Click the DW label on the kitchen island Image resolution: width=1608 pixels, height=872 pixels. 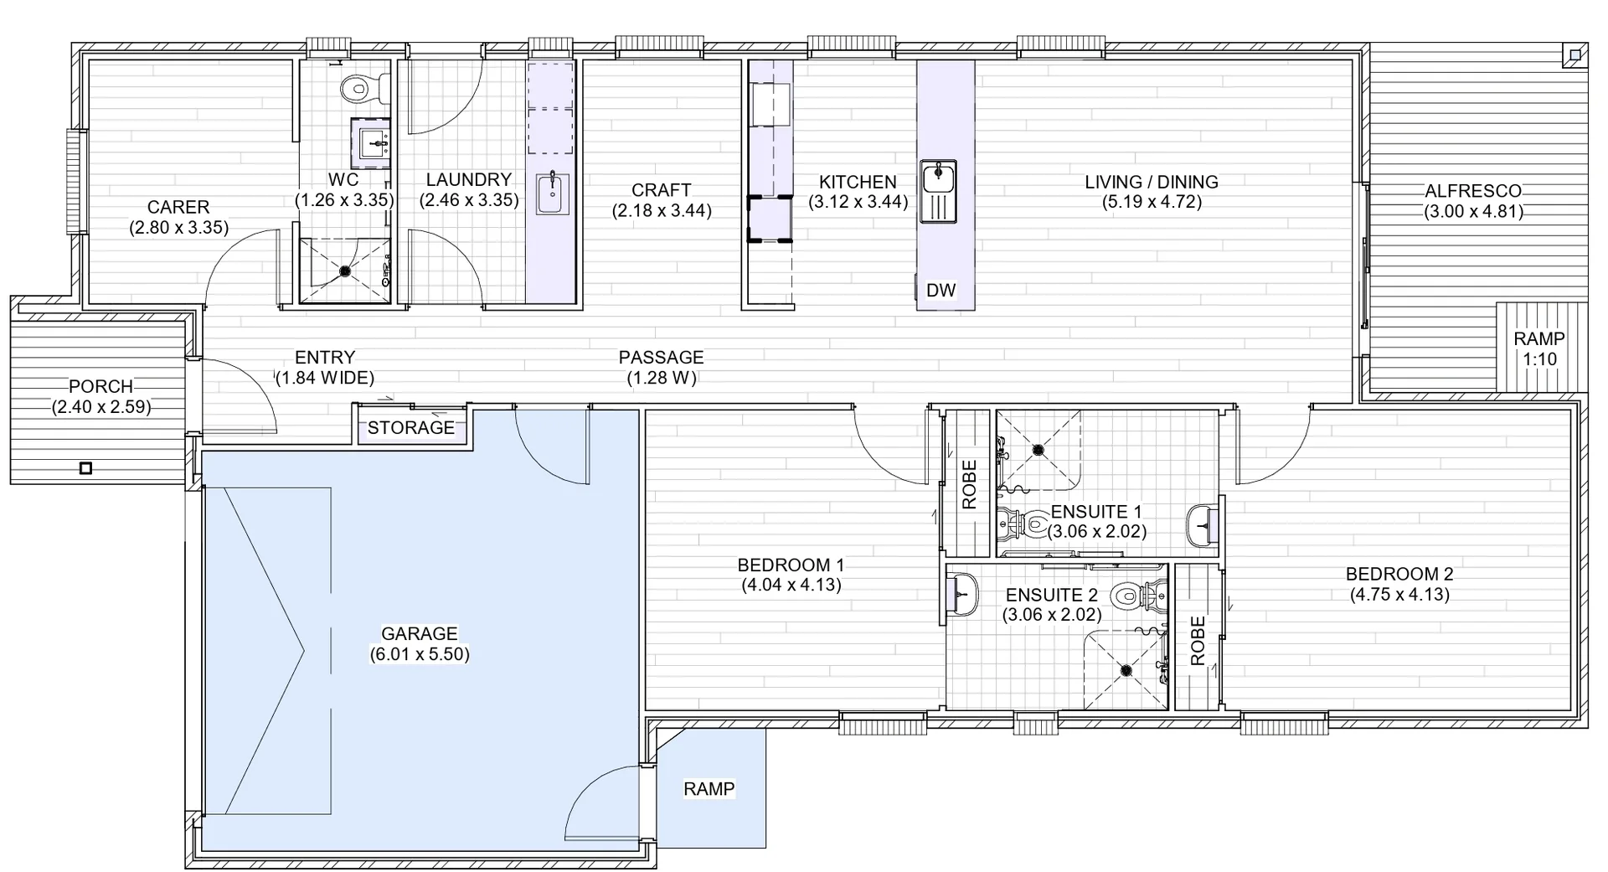(x=941, y=290)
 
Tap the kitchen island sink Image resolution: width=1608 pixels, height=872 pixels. (x=938, y=192)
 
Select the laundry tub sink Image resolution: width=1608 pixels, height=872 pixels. (x=552, y=193)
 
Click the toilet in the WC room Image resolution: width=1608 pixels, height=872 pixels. (x=363, y=86)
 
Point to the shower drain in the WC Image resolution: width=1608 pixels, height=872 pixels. (x=344, y=271)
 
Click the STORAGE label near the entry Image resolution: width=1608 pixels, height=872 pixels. (x=410, y=427)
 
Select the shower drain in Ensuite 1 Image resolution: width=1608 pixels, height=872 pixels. (x=1038, y=450)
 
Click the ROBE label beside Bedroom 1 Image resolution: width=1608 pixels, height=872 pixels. (x=969, y=484)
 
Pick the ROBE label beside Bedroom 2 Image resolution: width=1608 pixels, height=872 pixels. (x=1198, y=640)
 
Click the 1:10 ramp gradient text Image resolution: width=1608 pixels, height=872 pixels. (x=1539, y=359)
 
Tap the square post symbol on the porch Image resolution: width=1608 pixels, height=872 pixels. (x=85, y=468)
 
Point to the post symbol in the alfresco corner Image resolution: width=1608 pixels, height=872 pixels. (x=1574, y=55)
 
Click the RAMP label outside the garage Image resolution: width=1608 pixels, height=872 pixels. (x=709, y=788)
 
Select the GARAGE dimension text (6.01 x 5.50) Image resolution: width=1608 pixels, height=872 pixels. (x=420, y=654)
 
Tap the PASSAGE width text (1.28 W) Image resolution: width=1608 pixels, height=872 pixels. (x=661, y=378)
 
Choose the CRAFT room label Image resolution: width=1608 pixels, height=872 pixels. (x=661, y=190)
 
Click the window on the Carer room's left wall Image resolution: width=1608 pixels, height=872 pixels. (x=77, y=182)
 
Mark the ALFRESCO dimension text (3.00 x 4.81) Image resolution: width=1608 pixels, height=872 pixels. (x=1473, y=211)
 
